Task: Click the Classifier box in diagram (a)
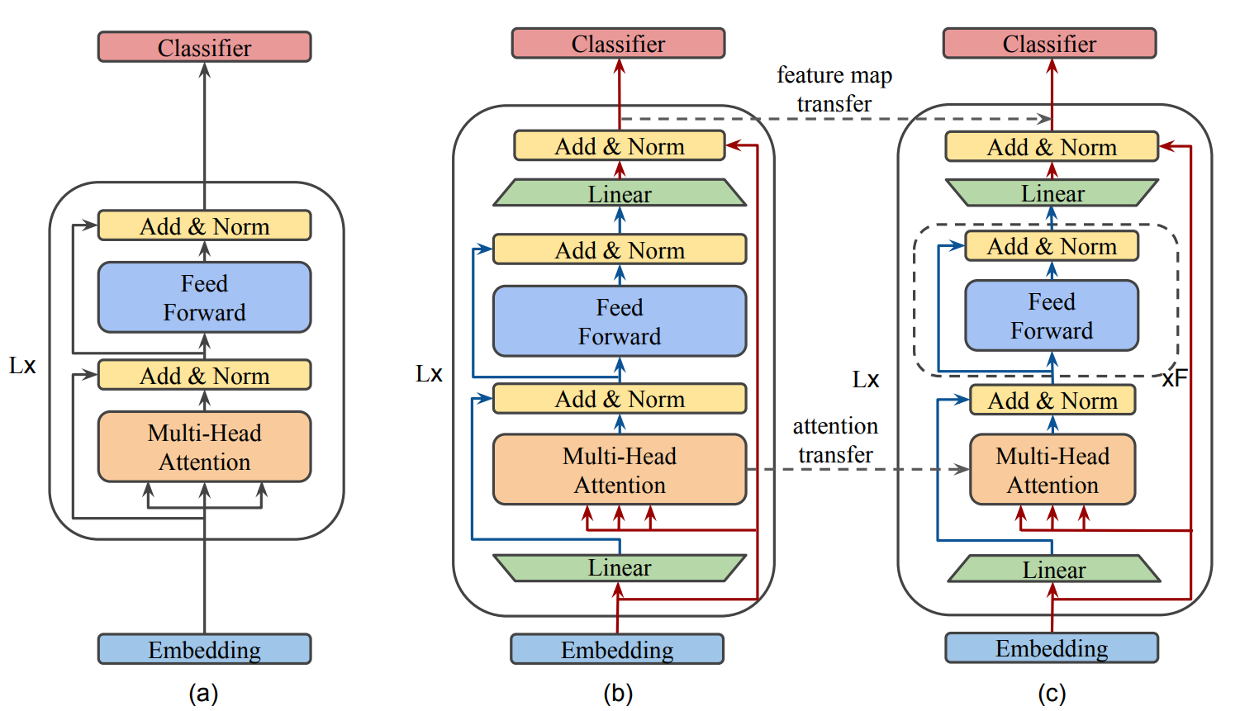pos(204,47)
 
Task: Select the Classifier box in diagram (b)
pos(618,44)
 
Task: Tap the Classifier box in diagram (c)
pos(1049,44)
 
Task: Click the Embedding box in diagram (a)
pos(204,649)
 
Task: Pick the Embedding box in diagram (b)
pos(617,649)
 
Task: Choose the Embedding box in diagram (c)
pos(1052,647)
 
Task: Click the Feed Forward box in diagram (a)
pos(204,297)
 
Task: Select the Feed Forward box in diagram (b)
pos(620,321)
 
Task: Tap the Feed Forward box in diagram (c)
pos(1052,315)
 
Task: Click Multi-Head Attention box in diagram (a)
pos(204,447)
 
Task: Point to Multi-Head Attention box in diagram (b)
pos(620,470)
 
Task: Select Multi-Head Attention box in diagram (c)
pos(1052,470)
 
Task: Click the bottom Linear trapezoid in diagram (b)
pos(620,568)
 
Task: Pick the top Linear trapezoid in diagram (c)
pos(1052,193)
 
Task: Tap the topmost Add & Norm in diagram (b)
pos(620,146)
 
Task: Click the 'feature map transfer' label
pos(834,89)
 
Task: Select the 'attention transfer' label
pos(835,440)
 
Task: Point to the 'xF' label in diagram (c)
pos(1174,378)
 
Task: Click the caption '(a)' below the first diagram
pos(203,693)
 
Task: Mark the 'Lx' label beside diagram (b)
pos(429,374)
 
